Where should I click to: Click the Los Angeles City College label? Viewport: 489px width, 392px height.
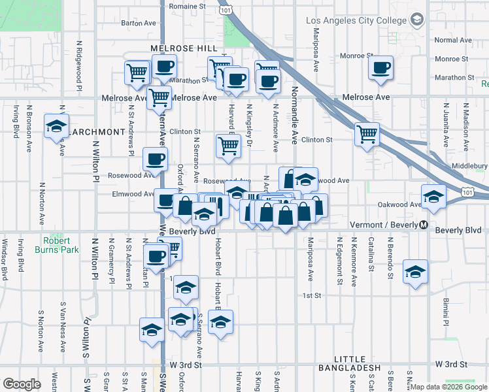tap(356, 21)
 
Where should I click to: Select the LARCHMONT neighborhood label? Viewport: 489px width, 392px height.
tap(97, 132)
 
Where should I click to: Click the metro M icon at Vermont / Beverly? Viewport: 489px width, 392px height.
tap(424, 225)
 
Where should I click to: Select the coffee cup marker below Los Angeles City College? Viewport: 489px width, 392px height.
tap(380, 67)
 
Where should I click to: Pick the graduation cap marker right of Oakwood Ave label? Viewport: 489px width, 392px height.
tap(433, 197)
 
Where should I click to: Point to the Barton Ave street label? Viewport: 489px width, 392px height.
tap(139, 23)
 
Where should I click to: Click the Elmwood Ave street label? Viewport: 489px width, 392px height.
tap(133, 194)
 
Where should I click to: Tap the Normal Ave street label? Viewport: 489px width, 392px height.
tap(452, 41)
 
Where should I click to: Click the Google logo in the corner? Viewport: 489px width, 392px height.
tap(22, 384)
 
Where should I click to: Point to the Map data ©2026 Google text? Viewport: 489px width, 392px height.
tap(448, 387)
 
